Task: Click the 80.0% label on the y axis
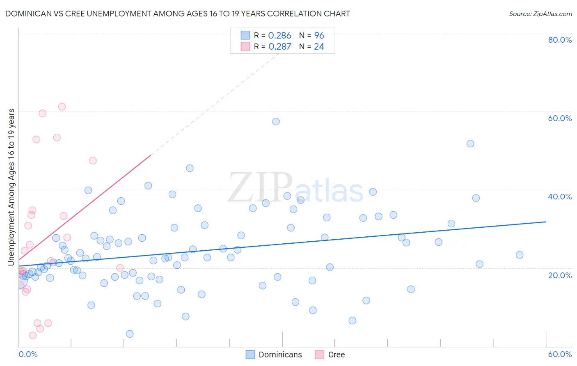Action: [560, 40]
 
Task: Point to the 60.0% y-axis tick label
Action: [560, 118]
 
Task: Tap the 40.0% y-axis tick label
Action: [560, 197]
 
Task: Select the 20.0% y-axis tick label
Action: [560, 275]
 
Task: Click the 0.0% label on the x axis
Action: [28, 354]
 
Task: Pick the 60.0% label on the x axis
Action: [560, 354]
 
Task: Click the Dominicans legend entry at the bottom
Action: [280, 355]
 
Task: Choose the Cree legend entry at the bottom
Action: [336, 355]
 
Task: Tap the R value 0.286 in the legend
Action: [279, 36]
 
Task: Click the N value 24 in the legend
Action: [319, 47]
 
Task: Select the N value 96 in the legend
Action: [319, 36]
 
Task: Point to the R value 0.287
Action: [279, 47]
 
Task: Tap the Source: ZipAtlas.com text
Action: [540, 14]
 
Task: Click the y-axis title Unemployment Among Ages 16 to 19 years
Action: [11, 187]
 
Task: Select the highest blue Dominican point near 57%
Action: [276, 121]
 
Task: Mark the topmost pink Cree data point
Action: [62, 107]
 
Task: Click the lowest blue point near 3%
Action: [130, 334]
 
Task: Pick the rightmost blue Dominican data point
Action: [520, 255]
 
